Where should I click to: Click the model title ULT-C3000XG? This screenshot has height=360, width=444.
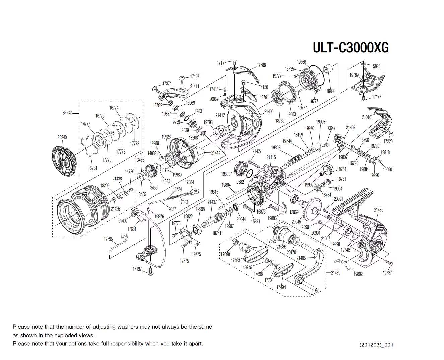pyautogui.click(x=351, y=48)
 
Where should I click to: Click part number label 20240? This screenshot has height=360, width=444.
pyautogui.click(x=62, y=137)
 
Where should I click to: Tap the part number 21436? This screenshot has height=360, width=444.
pyautogui.click(x=68, y=114)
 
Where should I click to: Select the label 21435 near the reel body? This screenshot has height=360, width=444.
pyautogui.click(x=379, y=210)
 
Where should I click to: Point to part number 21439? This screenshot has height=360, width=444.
pyautogui.click(x=335, y=273)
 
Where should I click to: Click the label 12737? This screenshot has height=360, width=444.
pyautogui.click(x=387, y=273)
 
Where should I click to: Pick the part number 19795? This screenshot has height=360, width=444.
pyautogui.click(x=108, y=239)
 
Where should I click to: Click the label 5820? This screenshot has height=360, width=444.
pyautogui.click(x=377, y=66)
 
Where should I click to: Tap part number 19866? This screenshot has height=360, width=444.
pyautogui.click(x=301, y=62)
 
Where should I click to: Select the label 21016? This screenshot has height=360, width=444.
pyautogui.click(x=366, y=117)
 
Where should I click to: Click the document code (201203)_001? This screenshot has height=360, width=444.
pyautogui.click(x=376, y=345)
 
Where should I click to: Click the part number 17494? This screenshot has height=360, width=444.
pyautogui.click(x=281, y=287)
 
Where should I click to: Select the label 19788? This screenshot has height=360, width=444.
pyautogui.click(x=261, y=65)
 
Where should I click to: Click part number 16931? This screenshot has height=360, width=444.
pyautogui.click(x=92, y=168)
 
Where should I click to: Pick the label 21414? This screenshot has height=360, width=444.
pyautogui.click(x=216, y=153)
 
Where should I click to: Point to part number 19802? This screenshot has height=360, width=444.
pyautogui.click(x=358, y=274)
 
